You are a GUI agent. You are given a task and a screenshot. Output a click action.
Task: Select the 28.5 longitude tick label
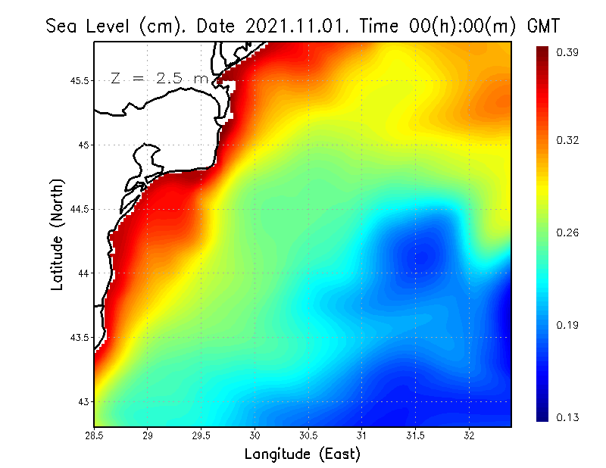coord(94,436)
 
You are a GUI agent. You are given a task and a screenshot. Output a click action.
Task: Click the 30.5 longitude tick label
coord(308,436)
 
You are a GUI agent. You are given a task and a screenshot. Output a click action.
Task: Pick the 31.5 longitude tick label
coord(415,436)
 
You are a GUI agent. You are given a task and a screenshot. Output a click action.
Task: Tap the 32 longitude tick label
coord(469,436)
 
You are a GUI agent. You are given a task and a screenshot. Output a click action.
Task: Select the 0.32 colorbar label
coord(567,140)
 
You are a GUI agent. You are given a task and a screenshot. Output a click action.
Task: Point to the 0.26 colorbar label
coord(567,232)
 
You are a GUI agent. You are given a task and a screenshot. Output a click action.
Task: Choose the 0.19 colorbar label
coord(567,325)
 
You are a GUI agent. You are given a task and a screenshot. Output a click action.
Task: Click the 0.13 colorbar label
coord(567,417)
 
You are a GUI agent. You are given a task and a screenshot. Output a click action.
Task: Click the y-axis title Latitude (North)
coord(58,235)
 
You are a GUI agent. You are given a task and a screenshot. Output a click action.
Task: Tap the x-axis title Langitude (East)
coord(302,454)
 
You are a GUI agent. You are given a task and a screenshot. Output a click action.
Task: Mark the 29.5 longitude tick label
coord(201,436)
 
